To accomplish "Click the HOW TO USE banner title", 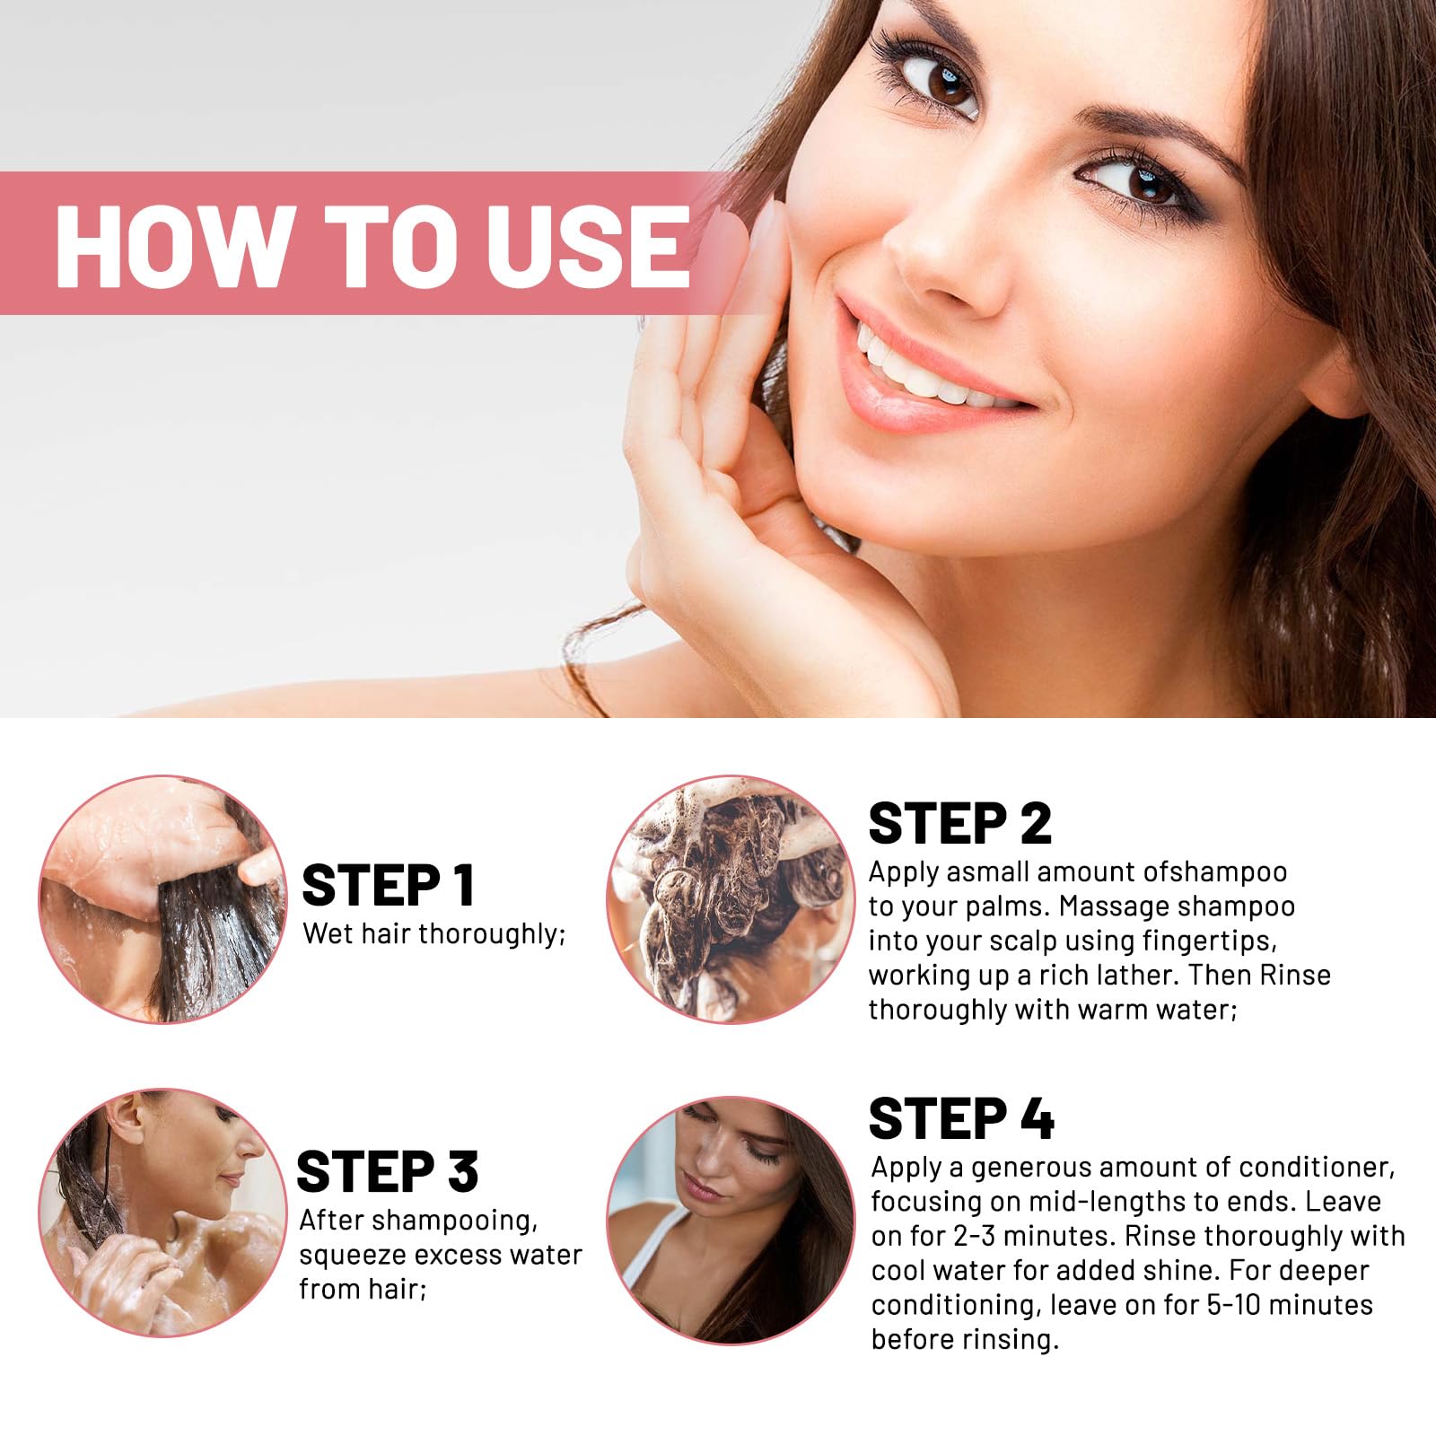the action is click(372, 245).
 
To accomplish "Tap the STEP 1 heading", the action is click(388, 886).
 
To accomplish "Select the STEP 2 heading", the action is click(959, 823).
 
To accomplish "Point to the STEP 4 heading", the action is click(961, 1118).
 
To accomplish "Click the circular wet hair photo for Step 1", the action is click(162, 898).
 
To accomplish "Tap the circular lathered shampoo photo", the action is click(731, 898).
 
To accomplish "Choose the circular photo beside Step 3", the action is click(162, 1213).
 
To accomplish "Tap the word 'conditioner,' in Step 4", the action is click(1318, 1168).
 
